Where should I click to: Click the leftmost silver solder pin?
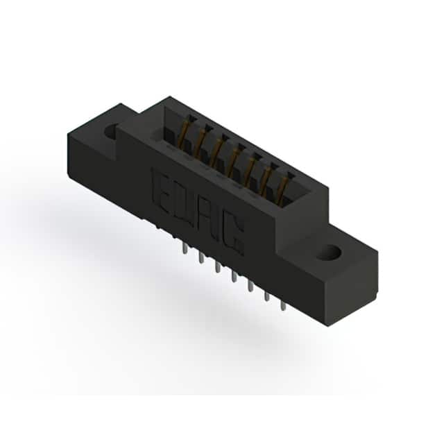185,248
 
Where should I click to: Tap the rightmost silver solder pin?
282,305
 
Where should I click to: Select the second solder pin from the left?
201,257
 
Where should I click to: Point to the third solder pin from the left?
218,266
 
